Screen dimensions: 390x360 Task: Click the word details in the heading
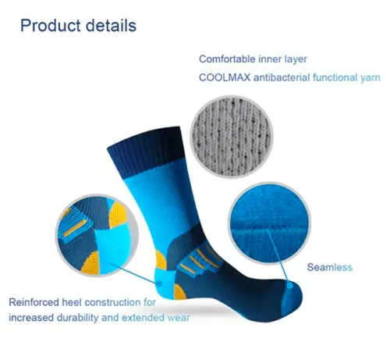point(111,25)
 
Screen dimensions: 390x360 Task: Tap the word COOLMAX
point(225,77)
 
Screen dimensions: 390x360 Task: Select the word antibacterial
point(282,77)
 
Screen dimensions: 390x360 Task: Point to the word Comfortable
point(227,59)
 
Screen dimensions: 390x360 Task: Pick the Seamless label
point(330,267)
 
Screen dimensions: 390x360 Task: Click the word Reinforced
point(34,302)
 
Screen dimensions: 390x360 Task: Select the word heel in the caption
point(72,302)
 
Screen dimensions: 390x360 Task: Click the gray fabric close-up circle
point(232,137)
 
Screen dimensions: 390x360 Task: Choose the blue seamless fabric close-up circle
point(270,223)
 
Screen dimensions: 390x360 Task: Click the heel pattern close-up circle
point(97,235)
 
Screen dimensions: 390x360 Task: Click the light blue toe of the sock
point(292,299)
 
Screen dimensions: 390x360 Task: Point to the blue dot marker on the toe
point(289,286)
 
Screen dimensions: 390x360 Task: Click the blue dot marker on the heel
point(159,283)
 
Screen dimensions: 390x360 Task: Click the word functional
point(335,77)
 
